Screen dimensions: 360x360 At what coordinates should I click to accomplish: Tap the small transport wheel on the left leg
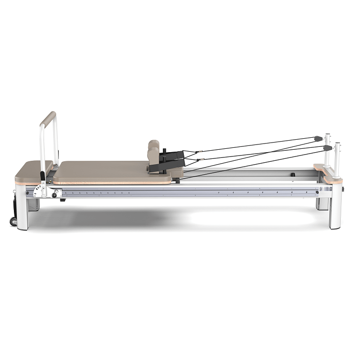pyautogui.click(x=13, y=221)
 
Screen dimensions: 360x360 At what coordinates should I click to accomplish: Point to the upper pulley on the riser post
pyautogui.click(x=317, y=139)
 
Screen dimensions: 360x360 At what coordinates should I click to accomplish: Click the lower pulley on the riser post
pyautogui.click(x=327, y=148)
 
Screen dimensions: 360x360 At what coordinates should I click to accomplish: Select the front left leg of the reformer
pyautogui.click(x=23, y=211)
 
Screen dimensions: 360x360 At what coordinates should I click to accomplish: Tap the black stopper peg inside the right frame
pyautogui.click(x=292, y=175)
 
